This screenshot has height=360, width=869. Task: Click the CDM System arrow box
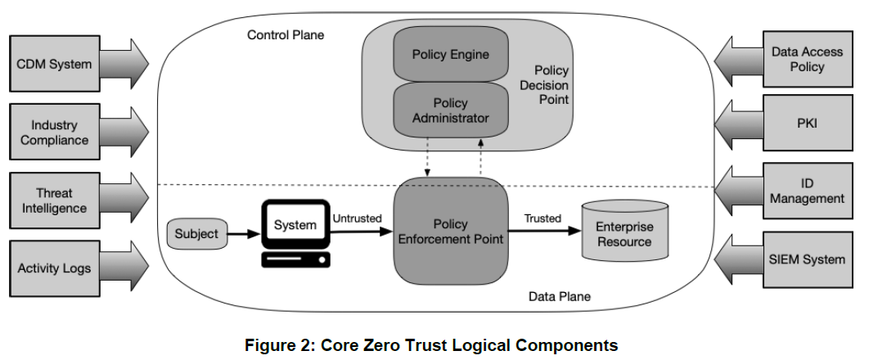click(x=55, y=63)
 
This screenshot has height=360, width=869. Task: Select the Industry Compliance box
click(x=55, y=133)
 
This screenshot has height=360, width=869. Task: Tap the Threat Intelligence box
click(x=55, y=200)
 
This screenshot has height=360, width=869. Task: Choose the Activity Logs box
click(x=55, y=268)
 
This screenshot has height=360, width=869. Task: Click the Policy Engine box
click(x=450, y=55)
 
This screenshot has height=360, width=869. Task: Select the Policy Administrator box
click(x=450, y=111)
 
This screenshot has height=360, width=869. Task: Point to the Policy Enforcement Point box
click(x=451, y=232)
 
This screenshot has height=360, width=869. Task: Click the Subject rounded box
click(x=197, y=234)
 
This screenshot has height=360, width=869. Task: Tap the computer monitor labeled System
click(x=295, y=225)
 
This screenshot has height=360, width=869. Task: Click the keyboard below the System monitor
click(x=295, y=260)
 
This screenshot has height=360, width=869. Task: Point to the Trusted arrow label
click(x=542, y=218)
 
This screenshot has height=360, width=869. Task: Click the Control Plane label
click(x=286, y=35)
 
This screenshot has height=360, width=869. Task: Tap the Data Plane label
click(x=559, y=296)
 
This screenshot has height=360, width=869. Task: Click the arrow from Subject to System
click(x=241, y=234)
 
